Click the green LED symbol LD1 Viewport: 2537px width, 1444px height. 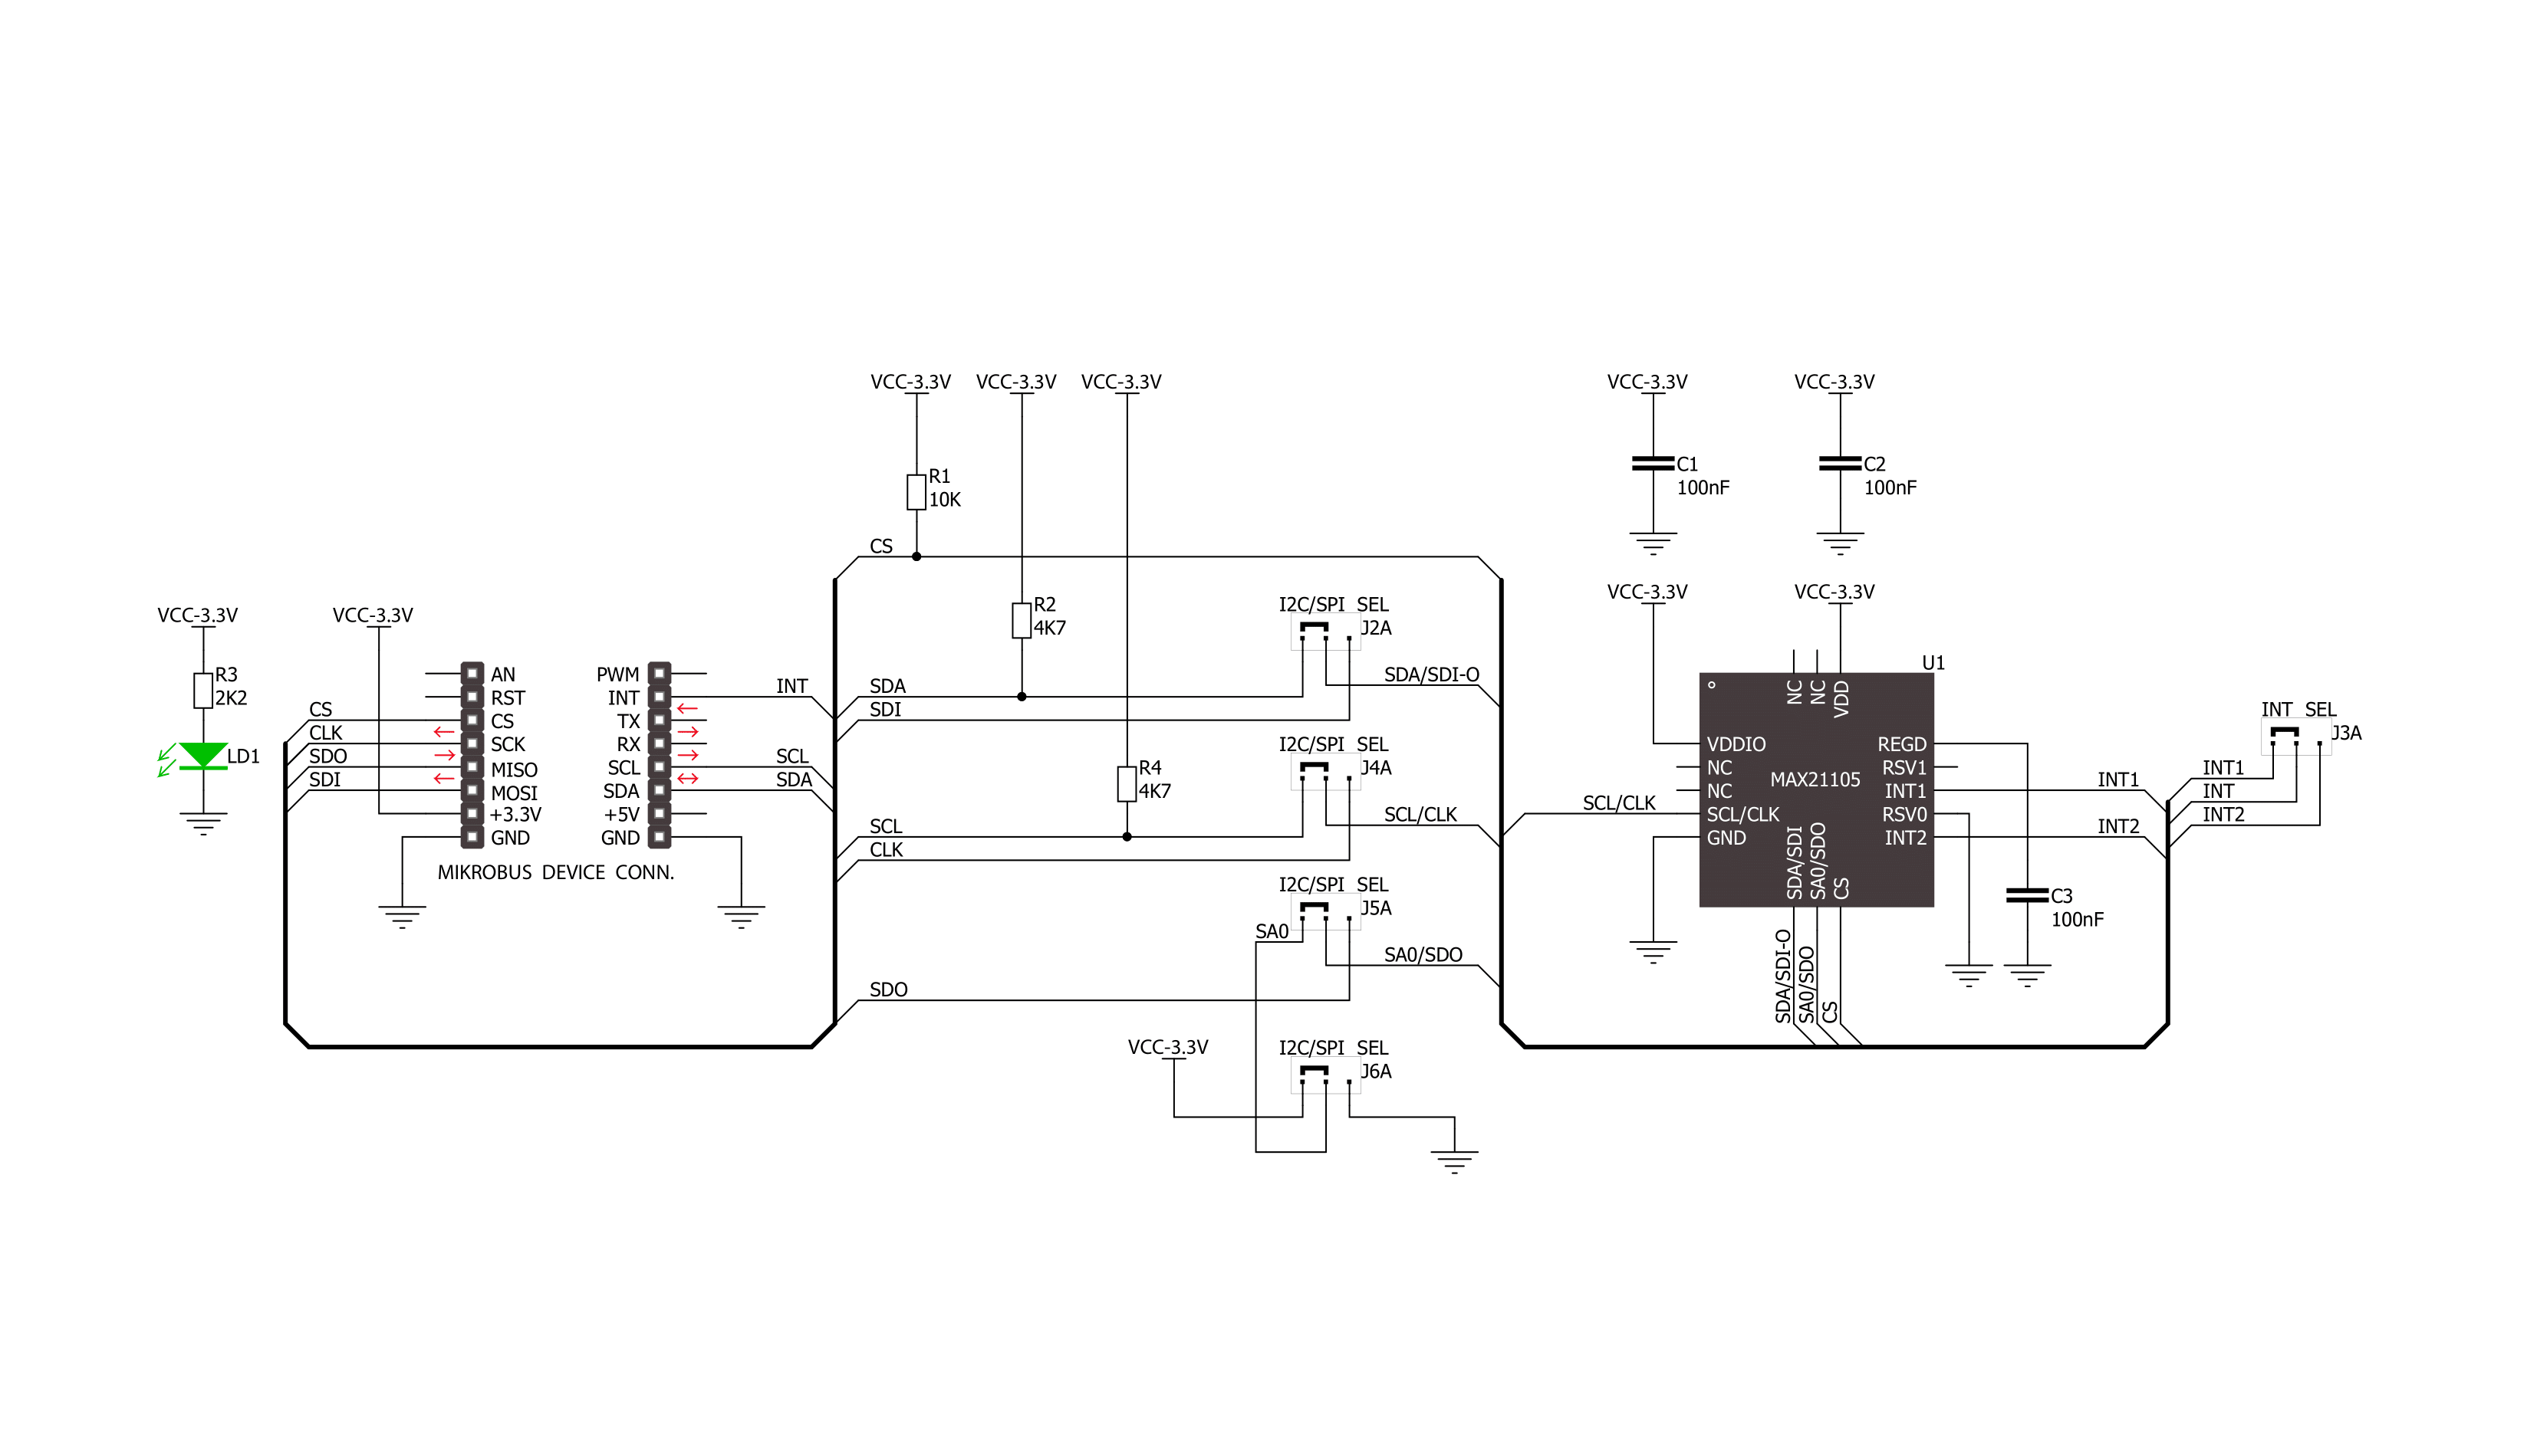(202, 756)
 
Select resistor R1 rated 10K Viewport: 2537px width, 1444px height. (916, 492)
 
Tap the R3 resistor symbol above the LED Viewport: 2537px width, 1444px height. (202, 691)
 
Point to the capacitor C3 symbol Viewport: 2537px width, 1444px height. (2026, 895)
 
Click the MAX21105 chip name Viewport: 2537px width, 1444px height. (1815, 779)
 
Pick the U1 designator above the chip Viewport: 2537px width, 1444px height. (1933, 662)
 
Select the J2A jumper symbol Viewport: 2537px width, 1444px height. (1324, 632)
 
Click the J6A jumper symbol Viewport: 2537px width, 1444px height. (1324, 1075)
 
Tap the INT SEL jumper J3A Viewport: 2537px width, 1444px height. (2296, 737)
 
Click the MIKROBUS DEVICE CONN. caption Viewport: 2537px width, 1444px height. (555, 873)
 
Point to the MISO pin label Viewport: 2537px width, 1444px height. (514, 770)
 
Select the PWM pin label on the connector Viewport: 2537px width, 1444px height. (617, 674)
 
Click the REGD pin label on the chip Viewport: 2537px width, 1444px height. (1901, 743)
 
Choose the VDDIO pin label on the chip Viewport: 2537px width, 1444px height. (1736, 743)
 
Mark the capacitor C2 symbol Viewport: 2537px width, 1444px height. (1840, 463)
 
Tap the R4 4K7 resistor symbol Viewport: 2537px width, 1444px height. (1126, 783)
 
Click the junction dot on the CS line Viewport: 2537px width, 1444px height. (916, 556)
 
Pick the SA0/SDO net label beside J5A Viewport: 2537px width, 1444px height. (1423, 954)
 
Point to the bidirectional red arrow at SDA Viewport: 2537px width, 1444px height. (688, 779)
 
